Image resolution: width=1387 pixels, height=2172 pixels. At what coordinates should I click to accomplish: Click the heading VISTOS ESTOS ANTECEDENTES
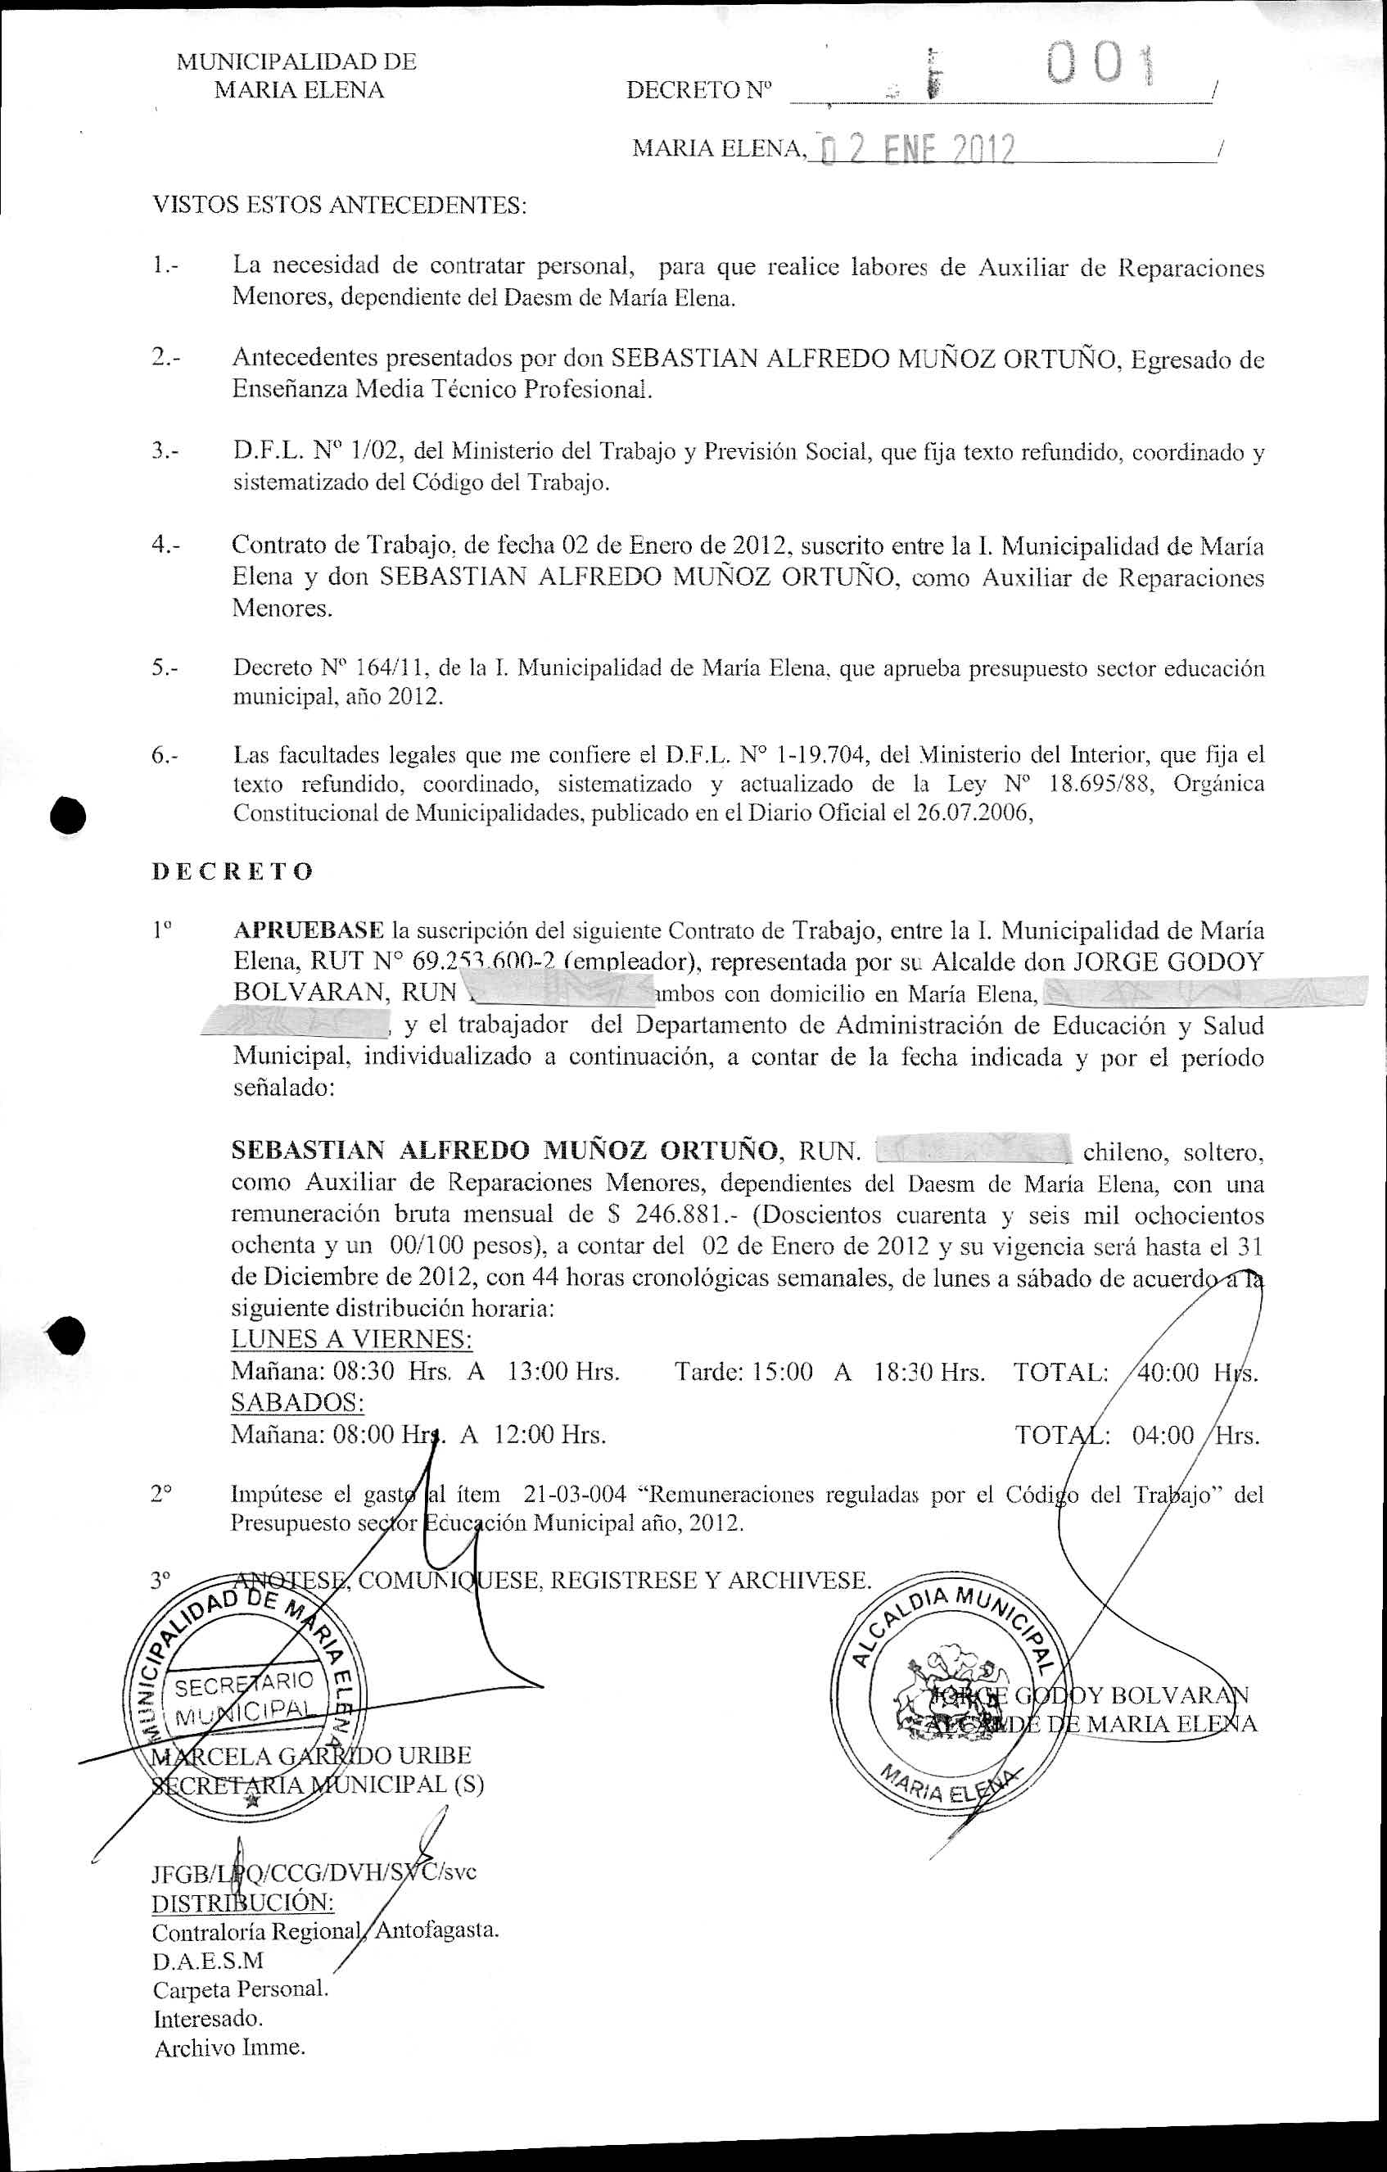point(339,205)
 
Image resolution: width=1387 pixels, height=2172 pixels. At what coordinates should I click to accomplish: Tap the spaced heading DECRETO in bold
point(233,871)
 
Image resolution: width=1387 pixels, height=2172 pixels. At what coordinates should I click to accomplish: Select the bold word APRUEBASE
point(309,930)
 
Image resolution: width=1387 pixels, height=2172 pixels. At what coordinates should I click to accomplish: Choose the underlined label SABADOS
point(297,1403)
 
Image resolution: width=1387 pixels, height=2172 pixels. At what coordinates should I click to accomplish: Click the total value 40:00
point(1168,1372)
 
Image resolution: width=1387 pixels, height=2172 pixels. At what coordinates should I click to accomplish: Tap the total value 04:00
point(1163,1434)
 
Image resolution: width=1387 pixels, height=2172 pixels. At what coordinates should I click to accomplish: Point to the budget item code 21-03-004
point(575,1495)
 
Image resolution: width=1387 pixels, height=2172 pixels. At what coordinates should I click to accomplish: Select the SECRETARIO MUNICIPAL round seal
point(244,1695)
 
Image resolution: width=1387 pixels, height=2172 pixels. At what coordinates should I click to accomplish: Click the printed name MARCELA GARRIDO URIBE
point(311,1755)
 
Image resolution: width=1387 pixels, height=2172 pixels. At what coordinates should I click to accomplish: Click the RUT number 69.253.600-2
point(477,962)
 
